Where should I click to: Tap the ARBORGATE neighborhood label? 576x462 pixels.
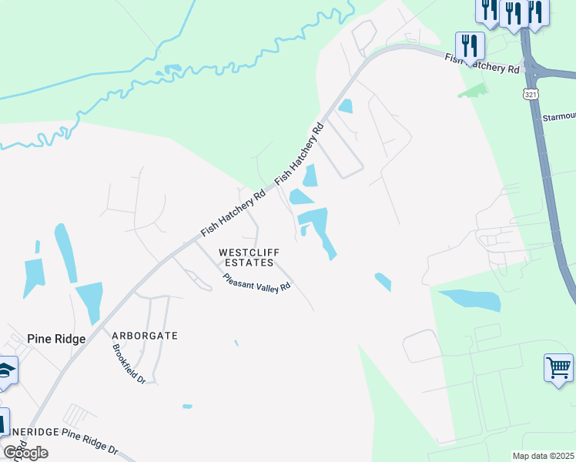(x=145, y=336)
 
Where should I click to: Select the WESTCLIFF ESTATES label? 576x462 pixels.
(x=249, y=257)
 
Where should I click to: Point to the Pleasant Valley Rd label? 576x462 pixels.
(x=256, y=283)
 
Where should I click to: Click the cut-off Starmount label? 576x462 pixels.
(x=560, y=116)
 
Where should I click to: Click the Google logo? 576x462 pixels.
(x=25, y=453)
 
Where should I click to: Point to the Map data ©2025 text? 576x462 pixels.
(x=544, y=456)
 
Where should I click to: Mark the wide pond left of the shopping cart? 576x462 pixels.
(x=469, y=300)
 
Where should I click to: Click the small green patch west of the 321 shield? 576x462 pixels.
(x=473, y=90)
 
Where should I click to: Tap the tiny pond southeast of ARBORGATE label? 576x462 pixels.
(x=187, y=406)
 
